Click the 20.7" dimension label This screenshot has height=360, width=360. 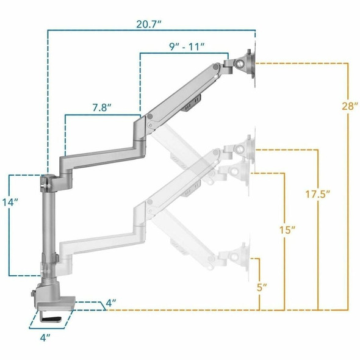(149, 24)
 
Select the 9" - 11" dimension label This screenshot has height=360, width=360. (187, 46)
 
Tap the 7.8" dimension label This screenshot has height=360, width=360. (102, 107)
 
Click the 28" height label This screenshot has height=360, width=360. (350, 106)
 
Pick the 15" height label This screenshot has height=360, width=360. (287, 230)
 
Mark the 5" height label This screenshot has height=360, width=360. (262, 287)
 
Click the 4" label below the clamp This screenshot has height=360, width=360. (45, 338)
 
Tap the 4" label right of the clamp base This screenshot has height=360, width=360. (111, 303)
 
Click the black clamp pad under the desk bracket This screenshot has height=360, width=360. (52, 320)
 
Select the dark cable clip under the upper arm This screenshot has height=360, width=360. (191, 103)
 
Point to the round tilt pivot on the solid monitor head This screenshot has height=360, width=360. (240, 63)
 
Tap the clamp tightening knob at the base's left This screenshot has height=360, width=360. (34, 294)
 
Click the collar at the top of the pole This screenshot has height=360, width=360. (48, 183)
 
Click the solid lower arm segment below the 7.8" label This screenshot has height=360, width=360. (102, 160)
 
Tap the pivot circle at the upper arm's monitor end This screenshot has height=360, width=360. (215, 67)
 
